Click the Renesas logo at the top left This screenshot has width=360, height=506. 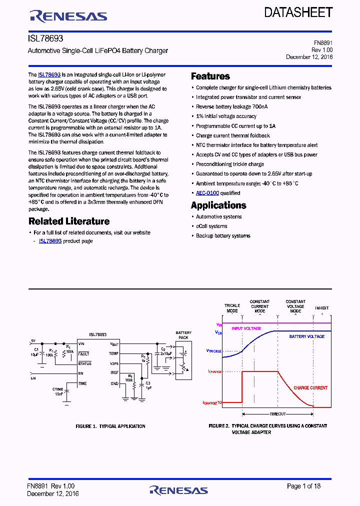(x=68, y=16)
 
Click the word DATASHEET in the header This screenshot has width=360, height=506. (x=298, y=13)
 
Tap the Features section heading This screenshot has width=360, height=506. (x=210, y=76)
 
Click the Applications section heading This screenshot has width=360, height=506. (x=218, y=205)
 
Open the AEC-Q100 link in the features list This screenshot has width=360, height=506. (x=207, y=193)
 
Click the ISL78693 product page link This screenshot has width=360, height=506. (x=50, y=241)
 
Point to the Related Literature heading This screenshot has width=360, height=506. (x=69, y=221)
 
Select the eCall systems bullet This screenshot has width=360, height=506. (x=211, y=226)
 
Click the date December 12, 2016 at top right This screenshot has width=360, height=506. (x=309, y=57)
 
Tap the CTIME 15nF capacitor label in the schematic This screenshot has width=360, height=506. (x=58, y=391)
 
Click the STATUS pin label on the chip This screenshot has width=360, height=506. (x=84, y=363)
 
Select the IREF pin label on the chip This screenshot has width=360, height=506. (x=114, y=373)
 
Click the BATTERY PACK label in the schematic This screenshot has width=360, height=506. (x=183, y=335)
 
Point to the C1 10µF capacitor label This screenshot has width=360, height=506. (x=36, y=352)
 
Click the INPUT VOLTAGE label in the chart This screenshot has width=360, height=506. (x=246, y=328)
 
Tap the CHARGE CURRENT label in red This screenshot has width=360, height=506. (x=310, y=388)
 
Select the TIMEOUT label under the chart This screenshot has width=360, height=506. (x=277, y=414)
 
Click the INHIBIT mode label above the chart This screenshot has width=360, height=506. (x=322, y=308)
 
